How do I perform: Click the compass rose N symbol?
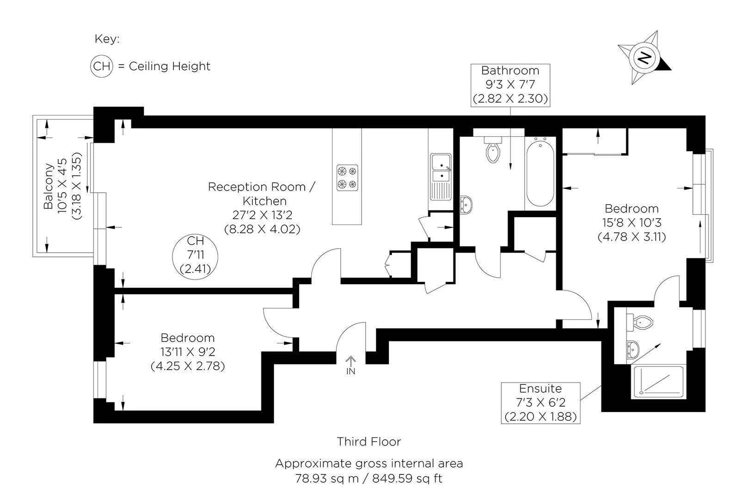[x=645, y=58]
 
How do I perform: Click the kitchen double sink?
[x=440, y=169]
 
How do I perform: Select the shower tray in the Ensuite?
[x=657, y=381]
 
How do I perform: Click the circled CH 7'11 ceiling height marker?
[x=195, y=255]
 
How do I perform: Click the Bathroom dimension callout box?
[x=510, y=85]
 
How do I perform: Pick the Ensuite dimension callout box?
[x=540, y=402]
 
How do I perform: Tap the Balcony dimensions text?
[x=62, y=190]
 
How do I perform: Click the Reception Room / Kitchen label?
[x=262, y=194]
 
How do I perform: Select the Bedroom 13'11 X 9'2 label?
[x=187, y=352]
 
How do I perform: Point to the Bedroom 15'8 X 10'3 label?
[x=631, y=223]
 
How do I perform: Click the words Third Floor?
[x=368, y=442]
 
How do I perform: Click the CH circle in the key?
[x=101, y=67]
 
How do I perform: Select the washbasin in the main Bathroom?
[x=466, y=203]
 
